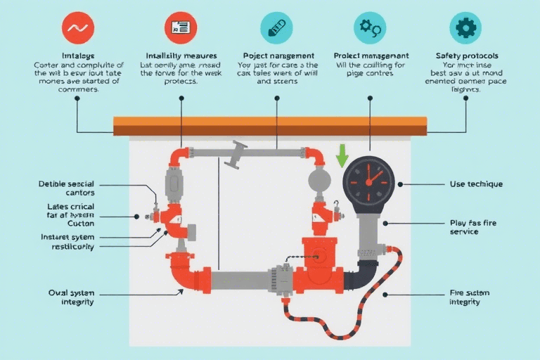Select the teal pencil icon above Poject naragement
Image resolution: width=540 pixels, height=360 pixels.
coord(276,27)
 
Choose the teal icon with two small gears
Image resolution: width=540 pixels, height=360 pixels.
coord(370,27)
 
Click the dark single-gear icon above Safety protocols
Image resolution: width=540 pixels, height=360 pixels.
coord(465,27)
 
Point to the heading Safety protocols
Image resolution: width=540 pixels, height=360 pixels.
coord(467,55)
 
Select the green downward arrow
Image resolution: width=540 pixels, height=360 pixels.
coord(342,155)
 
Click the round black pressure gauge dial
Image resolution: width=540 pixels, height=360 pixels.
coord(369,181)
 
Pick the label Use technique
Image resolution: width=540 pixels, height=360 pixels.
coord(475,184)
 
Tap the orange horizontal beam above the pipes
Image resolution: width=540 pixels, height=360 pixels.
coord(270,126)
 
